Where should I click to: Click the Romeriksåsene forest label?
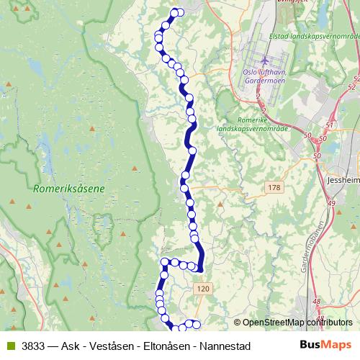click(x=69, y=189)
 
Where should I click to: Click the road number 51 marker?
click(x=330, y=125)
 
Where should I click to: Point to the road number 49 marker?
click(x=333, y=204)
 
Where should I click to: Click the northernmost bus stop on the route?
click(x=174, y=12)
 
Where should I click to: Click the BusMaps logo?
click(x=325, y=346)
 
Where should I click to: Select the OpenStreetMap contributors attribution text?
click(x=294, y=323)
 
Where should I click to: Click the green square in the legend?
click(x=9, y=346)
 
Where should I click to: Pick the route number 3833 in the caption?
click(x=34, y=346)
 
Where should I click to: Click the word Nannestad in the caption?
click(x=225, y=346)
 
